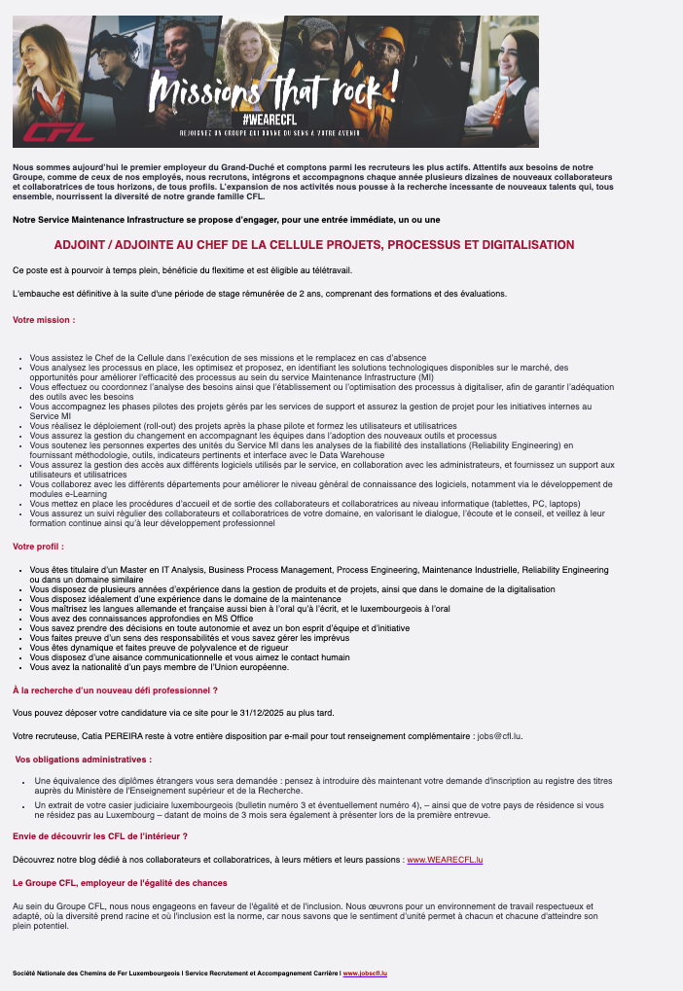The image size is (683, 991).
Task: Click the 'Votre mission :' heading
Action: point(44,319)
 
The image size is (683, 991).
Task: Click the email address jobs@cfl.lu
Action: point(499,735)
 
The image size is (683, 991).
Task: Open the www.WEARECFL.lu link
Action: point(445,860)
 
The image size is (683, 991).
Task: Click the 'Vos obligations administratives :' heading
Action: point(84,759)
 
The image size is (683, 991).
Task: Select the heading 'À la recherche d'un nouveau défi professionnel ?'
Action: point(115,690)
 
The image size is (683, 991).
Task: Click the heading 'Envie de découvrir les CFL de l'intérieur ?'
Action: point(99,836)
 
